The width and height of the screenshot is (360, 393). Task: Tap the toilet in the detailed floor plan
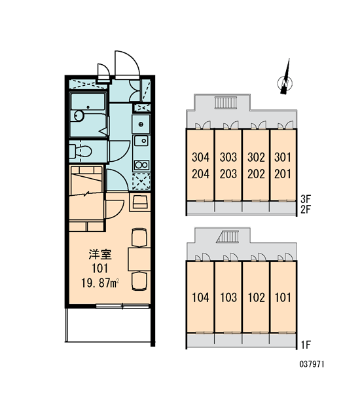[81, 151]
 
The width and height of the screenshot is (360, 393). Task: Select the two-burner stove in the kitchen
[141, 164]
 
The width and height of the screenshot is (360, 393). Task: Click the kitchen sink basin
[141, 141]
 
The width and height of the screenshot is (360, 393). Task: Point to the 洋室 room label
[100, 254]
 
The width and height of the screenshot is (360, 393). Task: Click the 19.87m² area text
[100, 283]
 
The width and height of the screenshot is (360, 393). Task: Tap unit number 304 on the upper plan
[200, 157]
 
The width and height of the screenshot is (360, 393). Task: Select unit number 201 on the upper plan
[283, 174]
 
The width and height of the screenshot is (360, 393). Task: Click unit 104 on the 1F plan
[200, 297]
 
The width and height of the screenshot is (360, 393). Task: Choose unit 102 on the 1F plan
[256, 297]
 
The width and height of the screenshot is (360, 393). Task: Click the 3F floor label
[306, 199]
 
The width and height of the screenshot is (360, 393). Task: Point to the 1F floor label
[306, 345]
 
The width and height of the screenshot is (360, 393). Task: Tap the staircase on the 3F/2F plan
[225, 103]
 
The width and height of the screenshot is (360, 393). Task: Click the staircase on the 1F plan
[226, 237]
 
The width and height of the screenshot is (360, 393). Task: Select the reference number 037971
[312, 364]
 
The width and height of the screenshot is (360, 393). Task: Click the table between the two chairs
[139, 259]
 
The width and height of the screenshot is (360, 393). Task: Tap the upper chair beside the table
[139, 237]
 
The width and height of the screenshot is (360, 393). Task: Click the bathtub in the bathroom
[88, 115]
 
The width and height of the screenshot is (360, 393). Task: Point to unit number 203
[228, 174]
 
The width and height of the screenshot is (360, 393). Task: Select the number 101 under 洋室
[100, 269]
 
